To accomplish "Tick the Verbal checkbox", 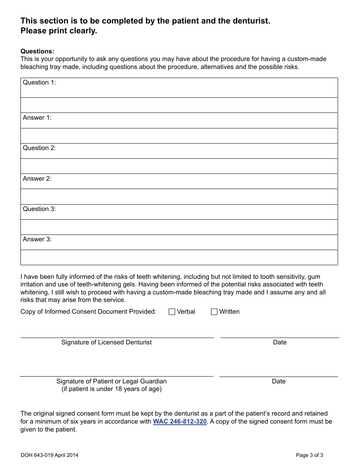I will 172,312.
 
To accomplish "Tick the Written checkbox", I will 214,312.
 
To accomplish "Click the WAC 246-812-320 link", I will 180,422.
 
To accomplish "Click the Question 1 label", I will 39,83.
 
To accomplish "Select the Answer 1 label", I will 37,118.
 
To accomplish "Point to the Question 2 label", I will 39,148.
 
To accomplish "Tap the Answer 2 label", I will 37,179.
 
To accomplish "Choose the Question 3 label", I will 39,209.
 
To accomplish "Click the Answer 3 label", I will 37,239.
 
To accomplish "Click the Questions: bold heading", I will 37,52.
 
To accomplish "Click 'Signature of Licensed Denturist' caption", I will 106,342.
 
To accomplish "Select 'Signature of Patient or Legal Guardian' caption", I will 111,382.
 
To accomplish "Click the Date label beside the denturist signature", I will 280,342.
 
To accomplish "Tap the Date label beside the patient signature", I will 279,382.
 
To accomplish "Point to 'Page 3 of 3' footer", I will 310,455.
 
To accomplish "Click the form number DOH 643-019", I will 37,455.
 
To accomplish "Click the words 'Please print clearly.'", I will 59,31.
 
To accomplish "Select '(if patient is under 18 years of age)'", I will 111,389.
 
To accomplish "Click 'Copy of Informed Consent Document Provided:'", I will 88,312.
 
